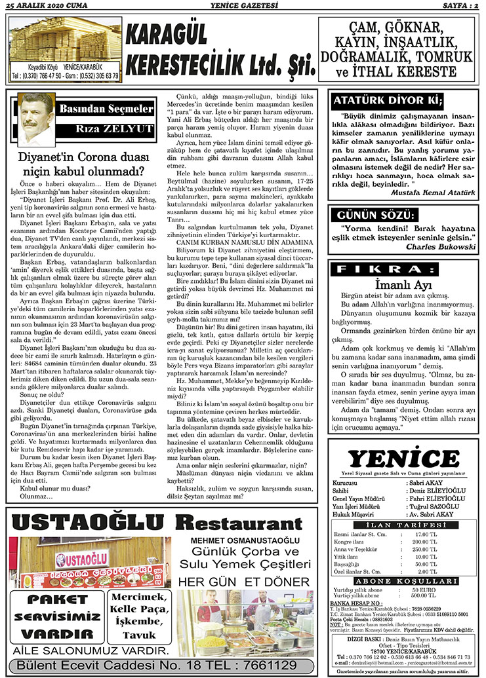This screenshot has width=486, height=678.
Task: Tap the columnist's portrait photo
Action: coord(35,110)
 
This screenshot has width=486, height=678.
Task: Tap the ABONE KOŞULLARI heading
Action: coord(404,580)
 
